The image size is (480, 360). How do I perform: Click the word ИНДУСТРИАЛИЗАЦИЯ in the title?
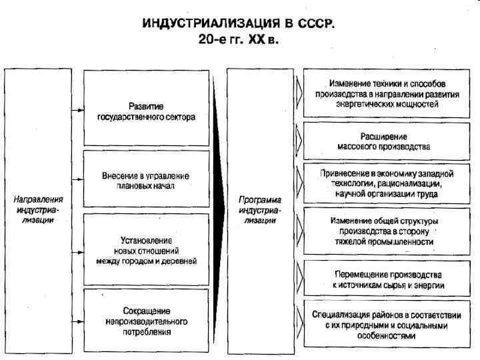click(x=212, y=24)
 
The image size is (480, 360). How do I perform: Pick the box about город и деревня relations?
click(x=146, y=250)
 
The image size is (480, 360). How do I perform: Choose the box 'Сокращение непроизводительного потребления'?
click(x=146, y=321)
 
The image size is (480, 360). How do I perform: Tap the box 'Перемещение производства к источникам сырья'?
click(x=388, y=279)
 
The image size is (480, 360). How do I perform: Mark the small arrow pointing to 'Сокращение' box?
click(x=78, y=321)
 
